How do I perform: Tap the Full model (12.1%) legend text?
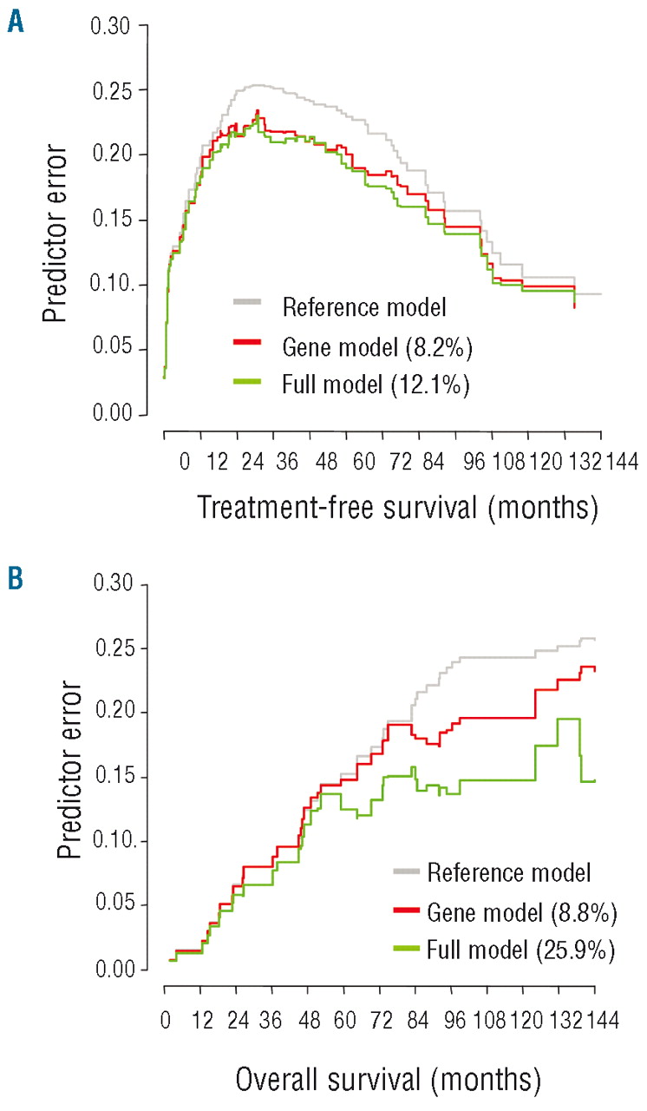pyautogui.click(x=376, y=383)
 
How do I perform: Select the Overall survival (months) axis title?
pyautogui.click(x=388, y=1080)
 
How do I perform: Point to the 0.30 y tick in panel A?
pyautogui.click(x=110, y=26)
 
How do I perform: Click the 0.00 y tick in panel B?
pyautogui.click(x=110, y=970)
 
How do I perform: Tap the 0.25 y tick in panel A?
pyautogui.click(x=110, y=90)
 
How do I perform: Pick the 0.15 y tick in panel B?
pyautogui.click(x=110, y=777)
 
